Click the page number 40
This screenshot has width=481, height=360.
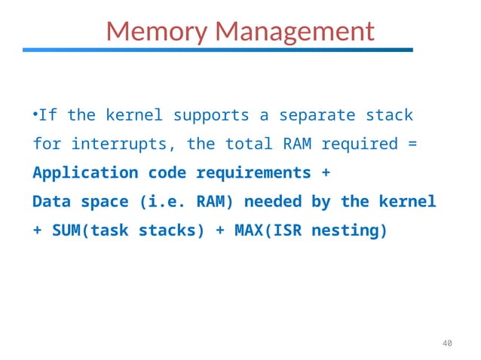click(x=446, y=344)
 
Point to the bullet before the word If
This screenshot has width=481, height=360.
click(x=35, y=115)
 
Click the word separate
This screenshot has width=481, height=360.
click(x=317, y=116)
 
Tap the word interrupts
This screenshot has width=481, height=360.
click(x=124, y=144)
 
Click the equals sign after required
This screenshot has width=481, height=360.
click(x=412, y=144)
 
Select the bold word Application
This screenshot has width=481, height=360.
click(x=85, y=172)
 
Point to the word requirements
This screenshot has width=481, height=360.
click(x=254, y=172)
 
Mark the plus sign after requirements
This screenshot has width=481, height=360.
click(x=326, y=172)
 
